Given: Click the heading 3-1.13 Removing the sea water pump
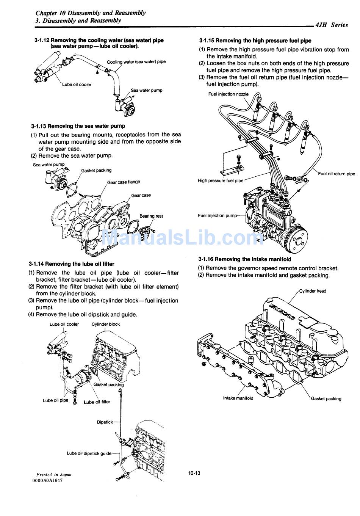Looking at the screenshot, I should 78,126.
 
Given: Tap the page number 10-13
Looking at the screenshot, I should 194,473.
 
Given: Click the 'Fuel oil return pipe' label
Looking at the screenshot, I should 337,174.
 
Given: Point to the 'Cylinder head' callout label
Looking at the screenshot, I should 312,291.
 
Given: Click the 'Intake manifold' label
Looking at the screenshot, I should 238,398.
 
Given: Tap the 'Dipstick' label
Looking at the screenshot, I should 105,422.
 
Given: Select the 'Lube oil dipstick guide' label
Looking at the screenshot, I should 89,453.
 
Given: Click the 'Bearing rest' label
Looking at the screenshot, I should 151,216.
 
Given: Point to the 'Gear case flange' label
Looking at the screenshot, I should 123,182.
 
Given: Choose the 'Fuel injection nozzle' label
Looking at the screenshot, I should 228,94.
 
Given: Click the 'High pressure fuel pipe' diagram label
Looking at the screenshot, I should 220,181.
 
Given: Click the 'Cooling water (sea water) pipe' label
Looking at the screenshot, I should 136,62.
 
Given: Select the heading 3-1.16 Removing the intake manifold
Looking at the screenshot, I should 244,259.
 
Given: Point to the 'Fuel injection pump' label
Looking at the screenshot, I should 217,216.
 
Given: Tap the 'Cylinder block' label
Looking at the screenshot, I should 105,324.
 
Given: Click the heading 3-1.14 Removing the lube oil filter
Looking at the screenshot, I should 71,264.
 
